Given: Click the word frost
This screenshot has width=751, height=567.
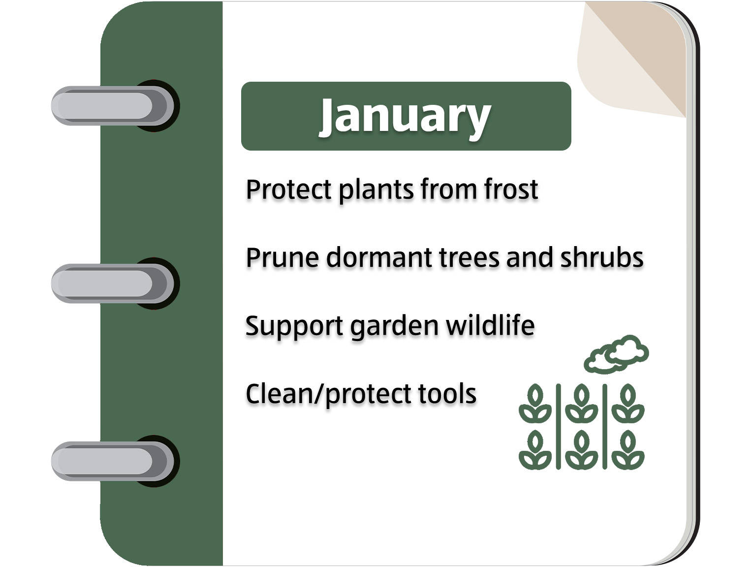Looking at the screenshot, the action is tap(511, 189).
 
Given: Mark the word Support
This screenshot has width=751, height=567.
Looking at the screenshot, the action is tap(294, 327).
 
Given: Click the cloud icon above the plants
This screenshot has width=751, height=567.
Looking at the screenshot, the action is tap(616, 354).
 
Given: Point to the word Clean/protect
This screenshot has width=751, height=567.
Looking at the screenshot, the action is tap(329, 395).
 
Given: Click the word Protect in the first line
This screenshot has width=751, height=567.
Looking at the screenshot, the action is tap(289, 189).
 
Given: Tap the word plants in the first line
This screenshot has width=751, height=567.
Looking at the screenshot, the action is tap(376, 190).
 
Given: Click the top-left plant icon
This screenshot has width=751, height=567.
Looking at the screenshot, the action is tap(535, 403).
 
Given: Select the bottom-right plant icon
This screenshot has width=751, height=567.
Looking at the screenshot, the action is tap(628, 450).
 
